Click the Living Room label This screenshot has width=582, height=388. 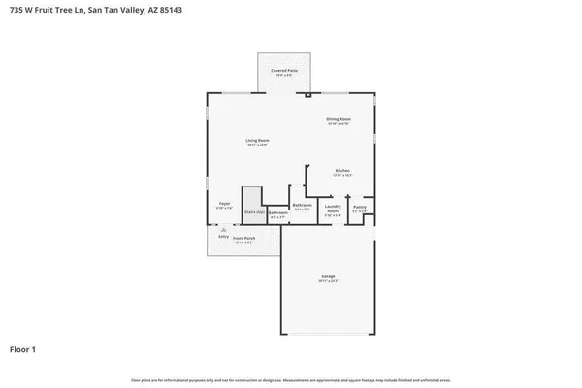[256, 140]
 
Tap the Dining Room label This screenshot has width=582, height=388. [338, 119]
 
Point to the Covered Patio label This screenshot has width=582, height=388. [284, 71]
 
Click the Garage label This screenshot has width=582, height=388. [328, 276]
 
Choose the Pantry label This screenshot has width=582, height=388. [359, 207]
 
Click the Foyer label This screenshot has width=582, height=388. [223, 203]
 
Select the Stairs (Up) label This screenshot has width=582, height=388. [254, 211]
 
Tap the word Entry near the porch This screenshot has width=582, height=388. [224, 237]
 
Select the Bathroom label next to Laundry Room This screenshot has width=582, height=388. [302, 205]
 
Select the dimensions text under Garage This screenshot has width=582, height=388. [328, 282]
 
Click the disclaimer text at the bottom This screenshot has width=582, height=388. [290, 378]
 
